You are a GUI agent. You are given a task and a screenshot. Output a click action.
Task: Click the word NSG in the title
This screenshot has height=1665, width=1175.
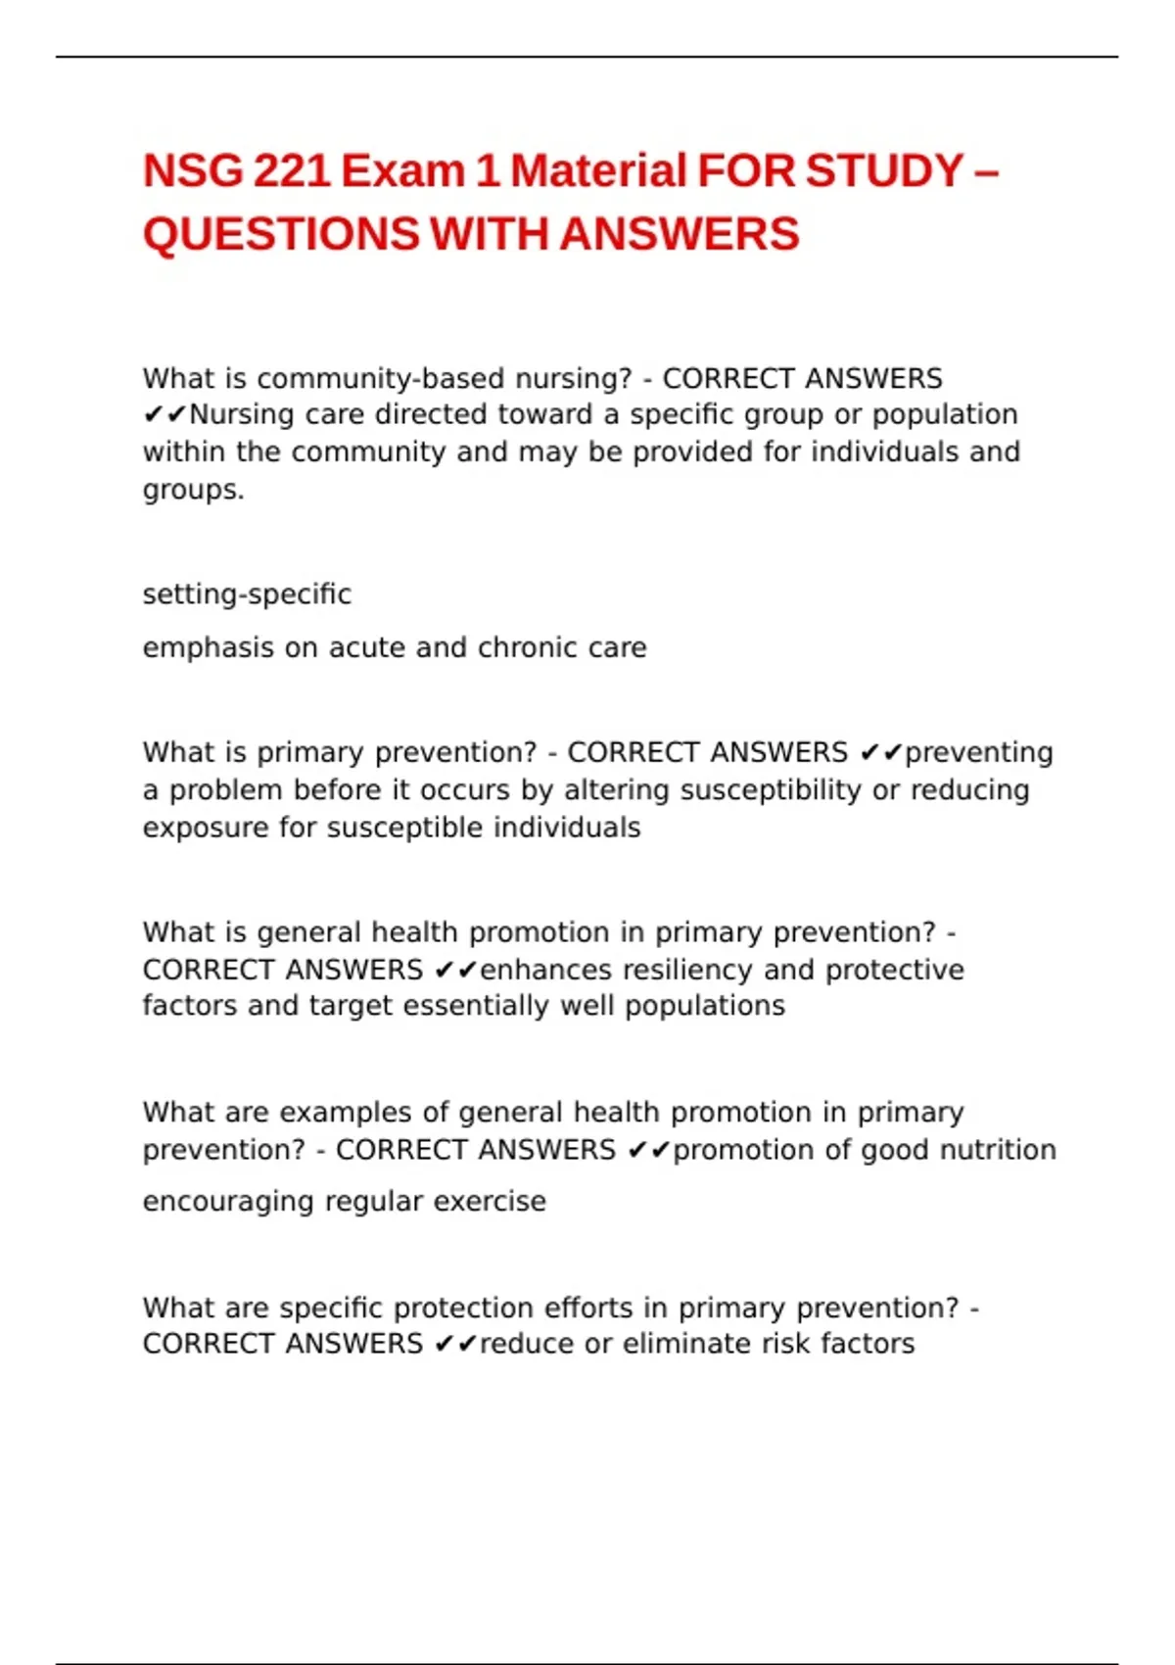tap(192, 171)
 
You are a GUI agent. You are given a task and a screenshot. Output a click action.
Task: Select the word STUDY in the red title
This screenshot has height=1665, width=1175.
tap(884, 171)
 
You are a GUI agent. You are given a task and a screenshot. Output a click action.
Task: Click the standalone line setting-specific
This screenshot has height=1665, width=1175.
tap(247, 595)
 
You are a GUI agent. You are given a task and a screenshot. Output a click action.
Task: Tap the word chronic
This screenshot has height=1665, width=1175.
tap(529, 648)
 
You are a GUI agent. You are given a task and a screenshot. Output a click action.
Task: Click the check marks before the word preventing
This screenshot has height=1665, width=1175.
tap(880, 753)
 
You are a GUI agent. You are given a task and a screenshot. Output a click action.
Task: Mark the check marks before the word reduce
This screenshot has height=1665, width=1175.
tap(454, 1345)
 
